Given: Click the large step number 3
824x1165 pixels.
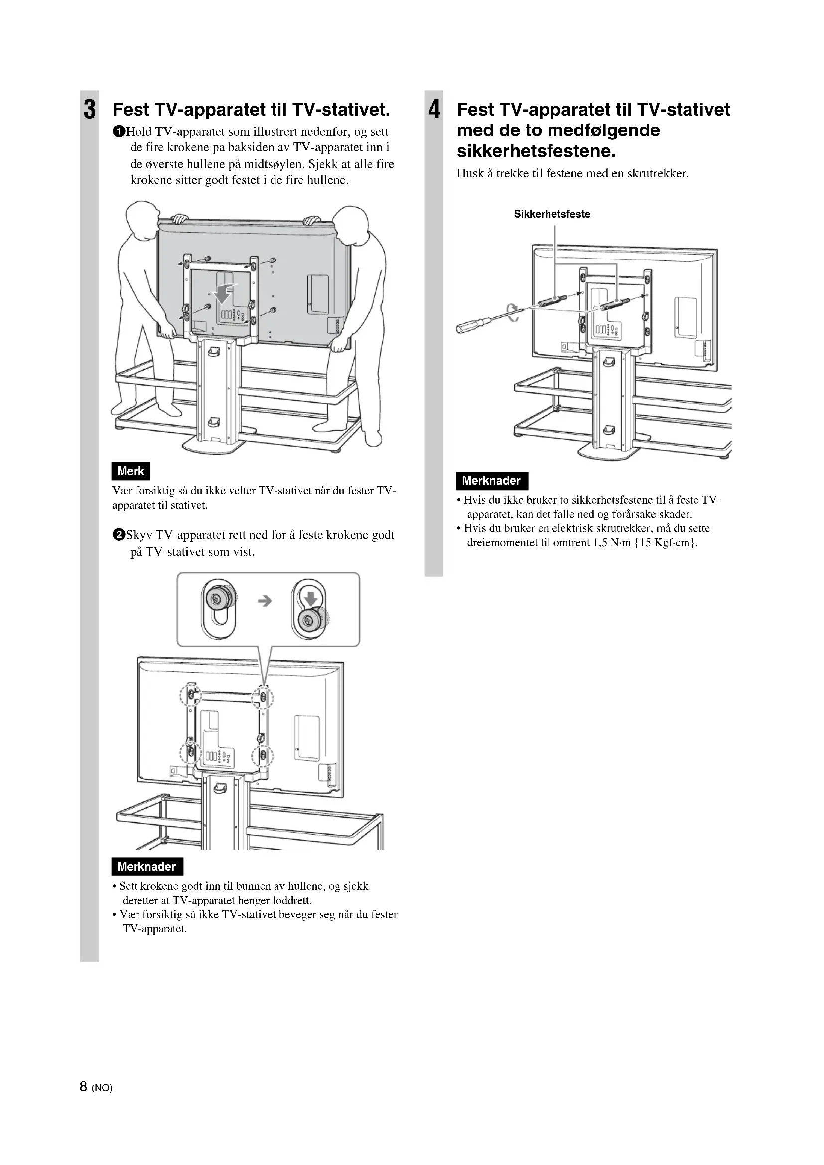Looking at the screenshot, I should coord(89,110).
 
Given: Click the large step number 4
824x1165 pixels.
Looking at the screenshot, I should coord(434,110).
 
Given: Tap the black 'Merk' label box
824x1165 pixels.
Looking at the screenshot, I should coord(131,471).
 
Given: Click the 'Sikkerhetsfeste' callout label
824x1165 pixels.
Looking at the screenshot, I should coord(552,214).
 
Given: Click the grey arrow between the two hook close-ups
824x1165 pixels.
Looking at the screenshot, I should coord(265,601).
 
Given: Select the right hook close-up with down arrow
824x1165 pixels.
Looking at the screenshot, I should coord(309,609).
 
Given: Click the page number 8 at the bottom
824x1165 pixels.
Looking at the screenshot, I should coord(84,1086).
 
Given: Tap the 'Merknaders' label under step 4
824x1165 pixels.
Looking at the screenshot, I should coord(491,481).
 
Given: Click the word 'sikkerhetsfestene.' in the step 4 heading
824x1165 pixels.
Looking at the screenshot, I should coord(537,151).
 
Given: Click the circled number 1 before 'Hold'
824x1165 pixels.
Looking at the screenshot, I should coord(118,132).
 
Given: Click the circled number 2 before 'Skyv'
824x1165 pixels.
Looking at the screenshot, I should coord(118,535).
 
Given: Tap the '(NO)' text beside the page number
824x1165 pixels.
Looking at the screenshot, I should coord(102,1087).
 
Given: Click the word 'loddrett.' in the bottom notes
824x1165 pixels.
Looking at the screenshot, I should coord(292,900).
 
